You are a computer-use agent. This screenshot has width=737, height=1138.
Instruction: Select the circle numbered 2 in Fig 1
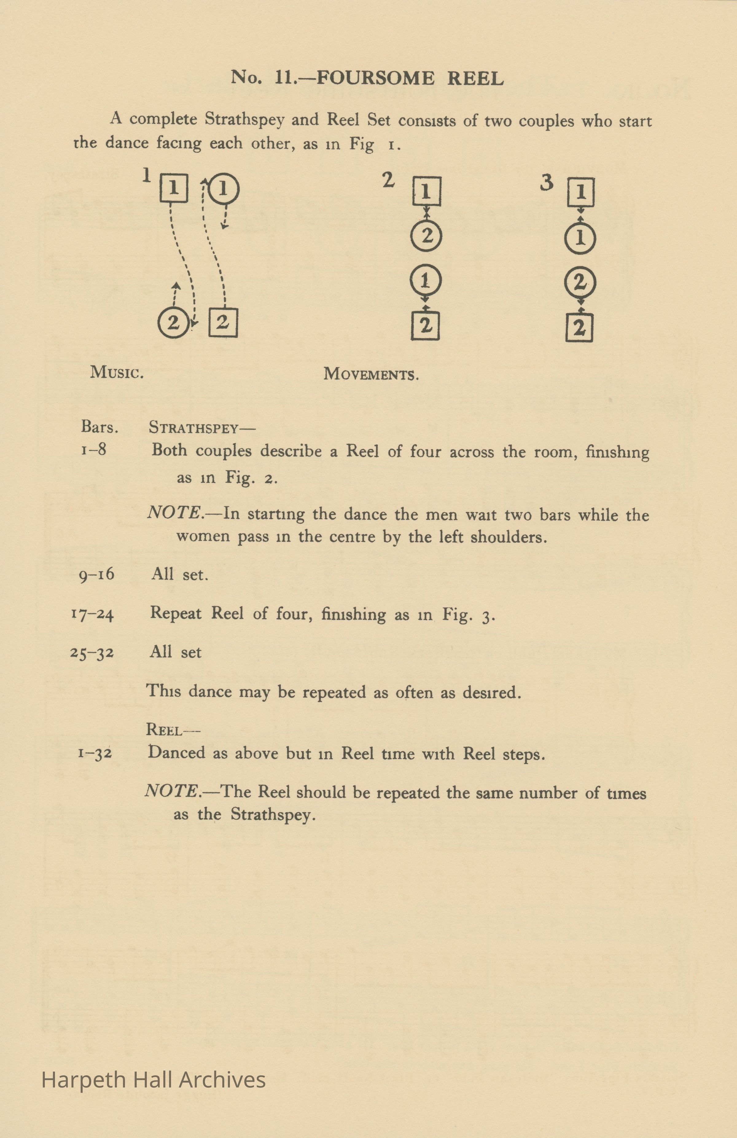tap(173, 323)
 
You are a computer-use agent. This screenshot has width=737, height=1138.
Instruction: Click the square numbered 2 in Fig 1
tap(223, 323)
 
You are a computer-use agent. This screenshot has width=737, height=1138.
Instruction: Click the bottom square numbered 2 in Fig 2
tap(425, 326)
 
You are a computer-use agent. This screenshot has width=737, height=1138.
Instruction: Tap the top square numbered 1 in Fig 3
tap(581, 192)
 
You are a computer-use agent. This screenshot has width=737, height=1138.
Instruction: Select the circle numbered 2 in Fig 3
tap(580, 283)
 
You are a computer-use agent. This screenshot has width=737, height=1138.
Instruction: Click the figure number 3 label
tap(546, 183)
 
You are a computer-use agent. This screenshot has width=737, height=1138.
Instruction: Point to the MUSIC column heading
tap(117, 372)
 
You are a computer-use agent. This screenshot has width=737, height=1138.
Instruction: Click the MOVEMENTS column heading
tap(371, 373)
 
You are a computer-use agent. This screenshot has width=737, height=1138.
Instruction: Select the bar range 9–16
tap(96, 574)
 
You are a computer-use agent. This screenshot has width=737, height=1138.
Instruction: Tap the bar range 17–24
tap(92, 614)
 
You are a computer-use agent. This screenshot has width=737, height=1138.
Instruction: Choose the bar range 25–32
tap(92, 653)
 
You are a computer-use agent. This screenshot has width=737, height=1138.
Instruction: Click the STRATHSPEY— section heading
tap(202, 427)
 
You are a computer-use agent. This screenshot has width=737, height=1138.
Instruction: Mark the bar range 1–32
tap(95, 753)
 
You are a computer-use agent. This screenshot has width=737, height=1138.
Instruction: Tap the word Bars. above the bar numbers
tap(99, 427)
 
